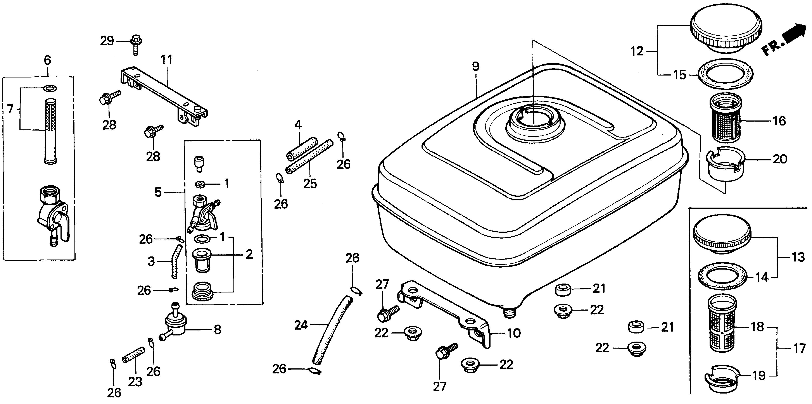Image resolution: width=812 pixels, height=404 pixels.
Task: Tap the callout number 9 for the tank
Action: click(x=476, y=67)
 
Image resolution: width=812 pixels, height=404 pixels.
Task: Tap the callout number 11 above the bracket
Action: click(x=167, y=60)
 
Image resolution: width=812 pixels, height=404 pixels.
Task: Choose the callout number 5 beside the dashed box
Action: click(x=158, y=192)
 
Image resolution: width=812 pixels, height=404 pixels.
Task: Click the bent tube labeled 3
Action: click(x=175, y=261)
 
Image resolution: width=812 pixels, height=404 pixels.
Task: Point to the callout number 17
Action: click(x=799, y=349)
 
